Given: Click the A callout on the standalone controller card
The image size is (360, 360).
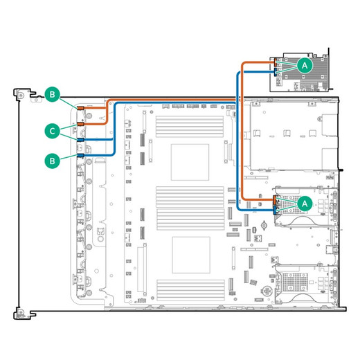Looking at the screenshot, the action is tap(305, 66).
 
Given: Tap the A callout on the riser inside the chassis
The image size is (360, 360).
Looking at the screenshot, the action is tap(305, 204).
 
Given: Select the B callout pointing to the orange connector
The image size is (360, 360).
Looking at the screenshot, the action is tap(53, 94).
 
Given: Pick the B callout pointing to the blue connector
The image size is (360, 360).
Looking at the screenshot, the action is tap(53, 161).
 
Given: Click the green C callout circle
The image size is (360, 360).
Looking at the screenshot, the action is tap(53, 131).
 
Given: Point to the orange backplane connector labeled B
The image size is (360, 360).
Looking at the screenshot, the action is tap(80, 108).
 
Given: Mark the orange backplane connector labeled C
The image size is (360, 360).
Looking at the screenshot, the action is tap(80, 124).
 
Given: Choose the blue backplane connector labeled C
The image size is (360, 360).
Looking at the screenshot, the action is tap(80, 140).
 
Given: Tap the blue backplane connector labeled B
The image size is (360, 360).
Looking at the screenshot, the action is tap(80, 155).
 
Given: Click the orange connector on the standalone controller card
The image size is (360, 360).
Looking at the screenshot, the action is tap(276, 63).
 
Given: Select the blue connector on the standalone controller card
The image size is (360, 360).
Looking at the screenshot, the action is tap(276, 72).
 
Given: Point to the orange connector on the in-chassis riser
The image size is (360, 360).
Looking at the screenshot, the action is tap(275, 200).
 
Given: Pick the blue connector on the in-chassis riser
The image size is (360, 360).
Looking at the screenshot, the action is tap(275, 210).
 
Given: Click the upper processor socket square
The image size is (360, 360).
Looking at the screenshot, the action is tap(190, 162).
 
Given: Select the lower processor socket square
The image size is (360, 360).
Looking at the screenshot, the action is tap(191, 255).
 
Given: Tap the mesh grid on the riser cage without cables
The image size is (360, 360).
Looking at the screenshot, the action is tap(295, 282).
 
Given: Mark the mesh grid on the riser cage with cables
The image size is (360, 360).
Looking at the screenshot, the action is tap(291, 205).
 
